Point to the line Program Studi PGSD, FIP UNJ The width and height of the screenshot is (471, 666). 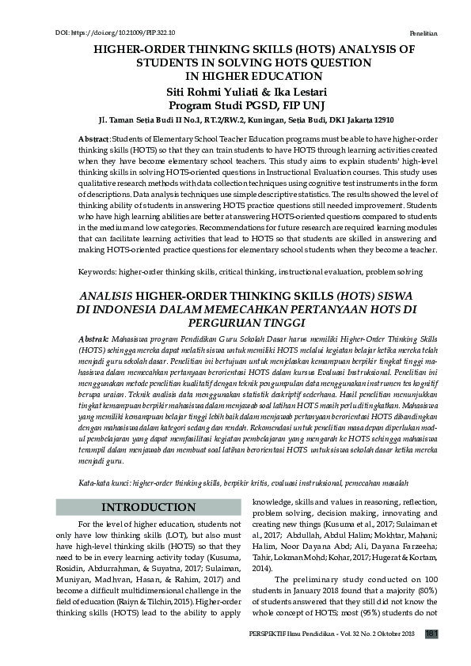point(234,105)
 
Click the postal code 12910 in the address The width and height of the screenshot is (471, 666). point(383,120)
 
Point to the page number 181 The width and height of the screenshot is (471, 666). point(431,634)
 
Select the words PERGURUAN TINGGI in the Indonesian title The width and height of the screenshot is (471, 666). point(234,324)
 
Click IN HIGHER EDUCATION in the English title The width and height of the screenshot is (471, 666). point(234,77)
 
